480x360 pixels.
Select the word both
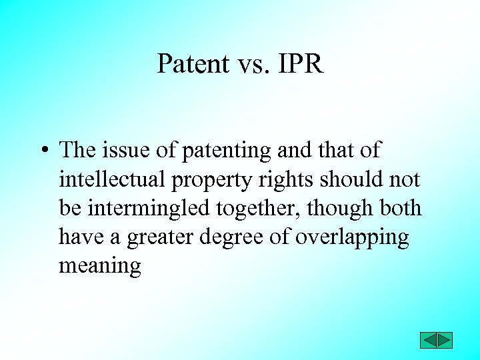click(x=400, y=208)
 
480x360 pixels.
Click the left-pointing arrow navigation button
click(x=429, y=340)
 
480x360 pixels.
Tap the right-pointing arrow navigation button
click(x=445, y=340)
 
